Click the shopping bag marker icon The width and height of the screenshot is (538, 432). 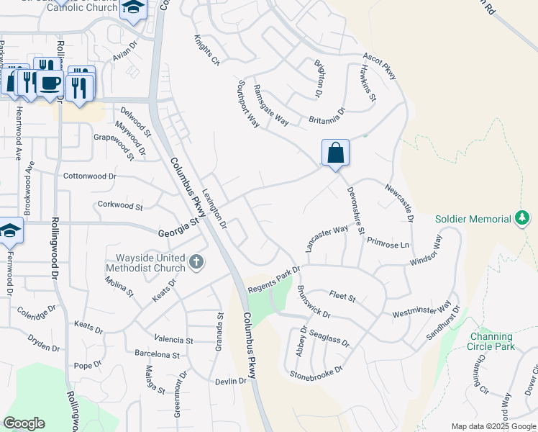point(335,153)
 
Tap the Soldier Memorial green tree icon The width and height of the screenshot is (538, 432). point(521,217)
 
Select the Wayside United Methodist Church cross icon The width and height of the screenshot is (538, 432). point(197,262)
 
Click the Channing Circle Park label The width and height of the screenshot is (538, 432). point(491,341)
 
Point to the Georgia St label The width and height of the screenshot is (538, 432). point(178,229)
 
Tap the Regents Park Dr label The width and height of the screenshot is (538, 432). point(273,279)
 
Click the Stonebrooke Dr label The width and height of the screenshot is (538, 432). point(317,373)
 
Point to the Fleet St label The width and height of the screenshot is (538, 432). point(342,294)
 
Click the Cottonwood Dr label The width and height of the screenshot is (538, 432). point(90,176)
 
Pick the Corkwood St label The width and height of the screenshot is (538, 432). point(120,206)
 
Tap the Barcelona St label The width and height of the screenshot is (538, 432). point(157,354)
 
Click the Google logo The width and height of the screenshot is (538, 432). point(24,423)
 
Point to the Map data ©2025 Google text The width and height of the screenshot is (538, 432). point(493,426)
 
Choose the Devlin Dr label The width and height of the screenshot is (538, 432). point(231,381)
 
